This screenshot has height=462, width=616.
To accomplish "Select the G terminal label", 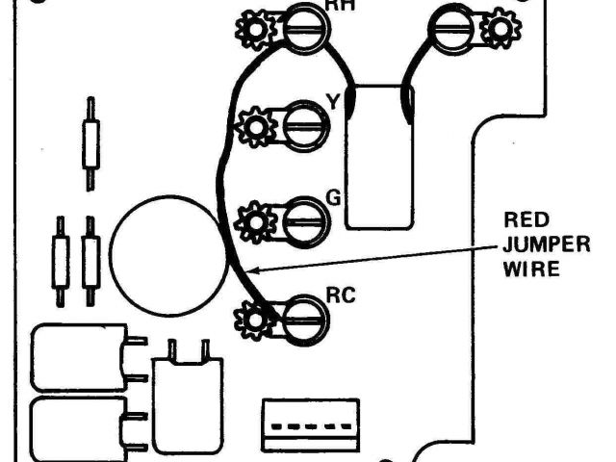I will tap(334, 198).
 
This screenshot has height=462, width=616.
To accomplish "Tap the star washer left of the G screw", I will tap(256, 220).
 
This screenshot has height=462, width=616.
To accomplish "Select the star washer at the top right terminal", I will tap(500, 28).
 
